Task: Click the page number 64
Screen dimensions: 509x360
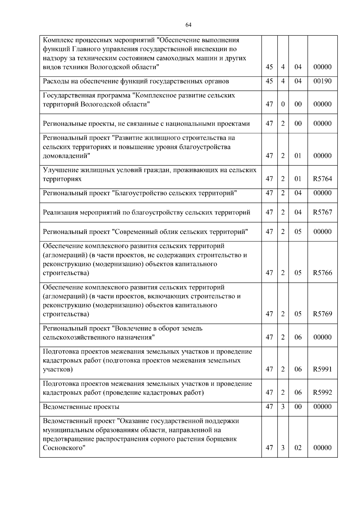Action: pos(188,25)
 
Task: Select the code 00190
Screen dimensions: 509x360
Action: pos(322,81)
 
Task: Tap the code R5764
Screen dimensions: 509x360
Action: pos(322,179)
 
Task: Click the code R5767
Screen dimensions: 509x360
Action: pos(322,212)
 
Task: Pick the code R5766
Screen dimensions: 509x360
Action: pos(322,273)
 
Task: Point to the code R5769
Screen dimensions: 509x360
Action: pos(322,314)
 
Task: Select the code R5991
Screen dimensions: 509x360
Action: pos(322,369)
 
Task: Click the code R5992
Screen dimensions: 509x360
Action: pos(322,392)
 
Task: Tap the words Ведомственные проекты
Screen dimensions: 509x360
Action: pos(81,407)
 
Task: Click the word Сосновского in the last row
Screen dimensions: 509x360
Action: pos(63,448)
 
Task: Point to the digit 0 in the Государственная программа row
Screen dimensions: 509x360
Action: pos(283,104)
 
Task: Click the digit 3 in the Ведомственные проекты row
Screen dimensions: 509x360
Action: pos(283,407)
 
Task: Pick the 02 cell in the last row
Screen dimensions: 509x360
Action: pos(298,448)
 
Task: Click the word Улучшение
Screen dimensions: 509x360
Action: pos(60,170)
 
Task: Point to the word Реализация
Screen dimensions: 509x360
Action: pos(60,213)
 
